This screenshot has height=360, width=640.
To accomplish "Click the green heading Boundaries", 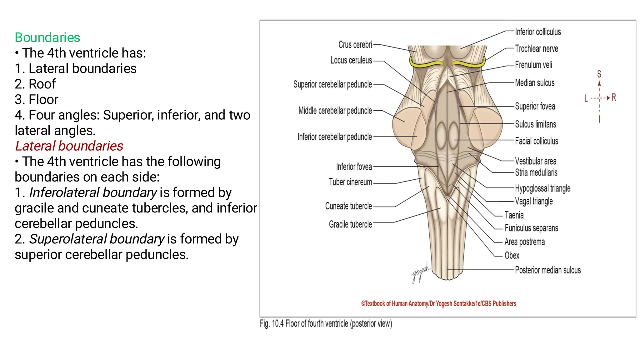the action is click(x=47, y=37).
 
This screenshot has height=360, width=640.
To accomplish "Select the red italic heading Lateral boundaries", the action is click(x=69, y=146).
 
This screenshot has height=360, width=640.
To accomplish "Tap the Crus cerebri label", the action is click(x=355, y=45).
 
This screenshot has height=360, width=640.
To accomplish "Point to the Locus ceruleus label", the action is click(x=351, y=60).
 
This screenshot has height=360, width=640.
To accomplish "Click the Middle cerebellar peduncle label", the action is click(x=335, y=111).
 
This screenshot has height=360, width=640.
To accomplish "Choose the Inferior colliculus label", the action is click(x=538, y=32).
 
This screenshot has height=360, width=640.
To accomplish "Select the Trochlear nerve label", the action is click(x=536, y=49).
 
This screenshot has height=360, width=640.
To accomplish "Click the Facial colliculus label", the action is click(x=536, y=141).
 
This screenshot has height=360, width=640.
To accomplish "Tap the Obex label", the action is click(x=512, y=256).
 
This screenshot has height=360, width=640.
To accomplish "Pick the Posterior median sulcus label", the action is click(x=548, y=270).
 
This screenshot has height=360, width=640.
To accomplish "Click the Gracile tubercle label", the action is click(x=350, y=224).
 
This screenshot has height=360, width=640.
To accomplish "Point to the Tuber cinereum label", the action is click(x=350, y=182).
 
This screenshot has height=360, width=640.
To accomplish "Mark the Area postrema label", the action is click(x=524, y=242).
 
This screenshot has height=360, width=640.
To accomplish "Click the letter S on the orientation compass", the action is click(x=599, y=74).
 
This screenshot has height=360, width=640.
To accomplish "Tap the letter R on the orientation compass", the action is click(x=614, y=97).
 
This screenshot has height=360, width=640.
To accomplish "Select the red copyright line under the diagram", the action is click(x=438, y=303).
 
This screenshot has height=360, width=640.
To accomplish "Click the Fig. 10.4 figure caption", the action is click(x=326, y=324).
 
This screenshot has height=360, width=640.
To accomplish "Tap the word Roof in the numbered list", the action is click(x=42, y=84).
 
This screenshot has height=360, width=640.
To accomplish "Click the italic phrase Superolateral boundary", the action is click(x=97, y=239).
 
